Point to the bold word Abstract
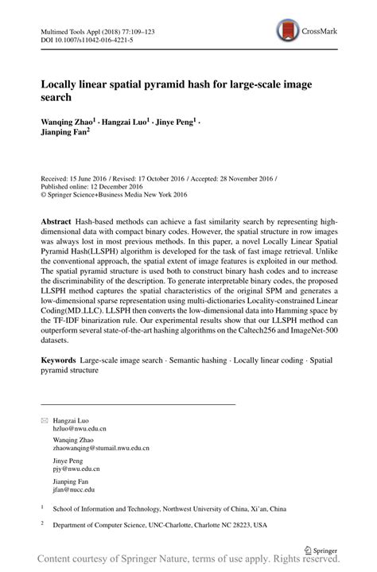60,219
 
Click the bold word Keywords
63,360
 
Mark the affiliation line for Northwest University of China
178,508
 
